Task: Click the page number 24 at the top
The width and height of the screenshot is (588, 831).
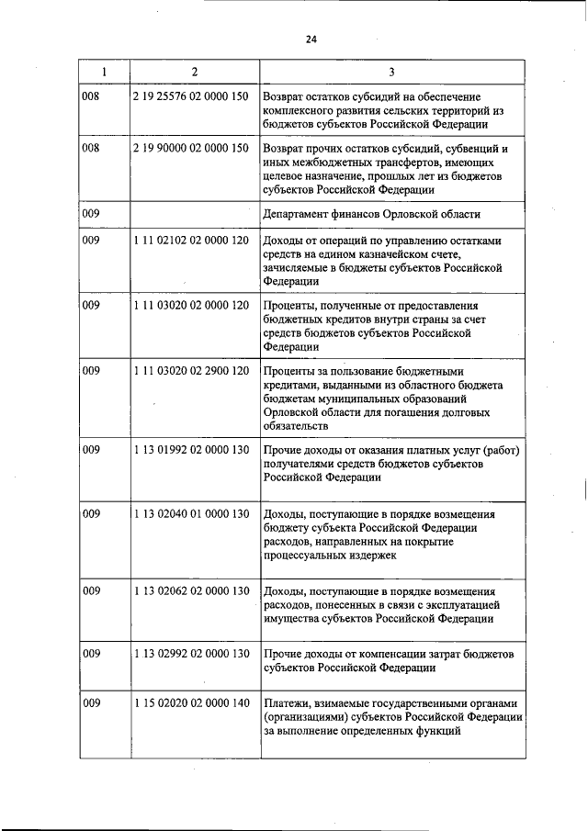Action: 311,39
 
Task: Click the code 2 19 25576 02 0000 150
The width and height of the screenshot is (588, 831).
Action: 190,95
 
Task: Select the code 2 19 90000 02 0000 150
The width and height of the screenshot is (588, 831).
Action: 190,148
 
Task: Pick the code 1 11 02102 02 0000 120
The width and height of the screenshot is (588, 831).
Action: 190,241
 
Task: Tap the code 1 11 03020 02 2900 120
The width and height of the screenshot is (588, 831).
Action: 190,371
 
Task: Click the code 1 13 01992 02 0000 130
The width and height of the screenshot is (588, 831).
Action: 190,450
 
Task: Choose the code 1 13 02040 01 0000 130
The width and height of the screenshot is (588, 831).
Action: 190,514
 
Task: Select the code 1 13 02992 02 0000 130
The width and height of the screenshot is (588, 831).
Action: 190,654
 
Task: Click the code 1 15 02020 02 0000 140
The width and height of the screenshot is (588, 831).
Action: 190,703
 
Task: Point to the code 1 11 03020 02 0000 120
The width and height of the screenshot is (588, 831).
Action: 190,306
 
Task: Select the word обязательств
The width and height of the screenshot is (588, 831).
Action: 295,427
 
